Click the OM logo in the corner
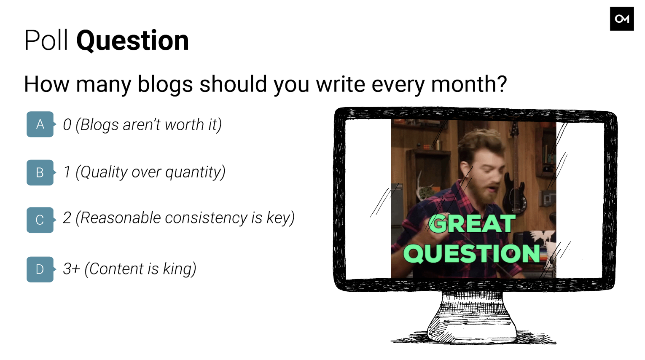pos(622,19)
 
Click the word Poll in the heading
pos(46,40)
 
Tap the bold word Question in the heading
pos(132,41)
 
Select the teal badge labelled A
pos(40,124)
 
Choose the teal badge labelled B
pos(40,172)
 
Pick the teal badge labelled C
pos(40,220)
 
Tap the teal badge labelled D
pos(40,269)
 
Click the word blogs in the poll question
pos(165,84)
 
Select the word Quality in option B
pos(104,172)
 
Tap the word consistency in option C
pos(206,218)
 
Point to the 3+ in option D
pos(71,269)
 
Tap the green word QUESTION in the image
pos(472,253)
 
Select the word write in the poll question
pos(341,84)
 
